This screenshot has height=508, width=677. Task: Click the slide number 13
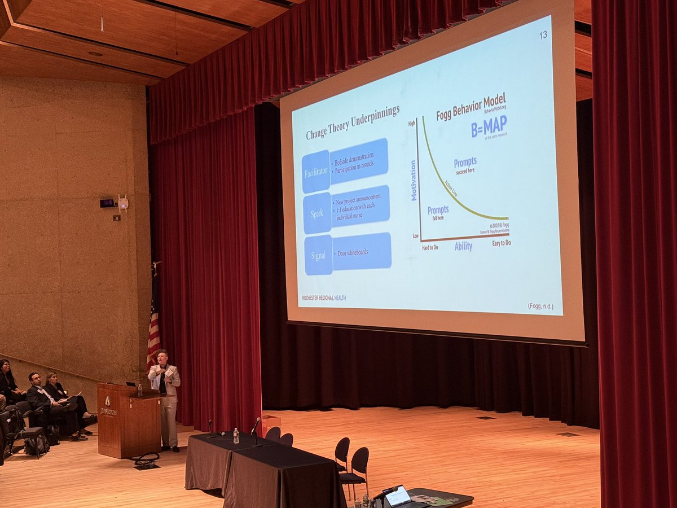543,35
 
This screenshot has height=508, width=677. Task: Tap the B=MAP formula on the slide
489,126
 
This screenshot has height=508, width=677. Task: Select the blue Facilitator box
316,172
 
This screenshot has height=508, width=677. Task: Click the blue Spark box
317,213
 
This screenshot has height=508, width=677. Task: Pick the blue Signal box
319,255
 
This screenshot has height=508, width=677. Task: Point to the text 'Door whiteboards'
353,252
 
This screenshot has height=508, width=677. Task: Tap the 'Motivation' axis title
413,180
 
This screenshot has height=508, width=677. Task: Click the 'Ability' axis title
463,246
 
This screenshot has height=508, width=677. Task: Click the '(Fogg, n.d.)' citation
540,306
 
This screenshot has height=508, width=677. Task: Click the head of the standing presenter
164,357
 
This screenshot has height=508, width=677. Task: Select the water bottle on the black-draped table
236,435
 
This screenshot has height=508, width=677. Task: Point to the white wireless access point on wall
122,203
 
